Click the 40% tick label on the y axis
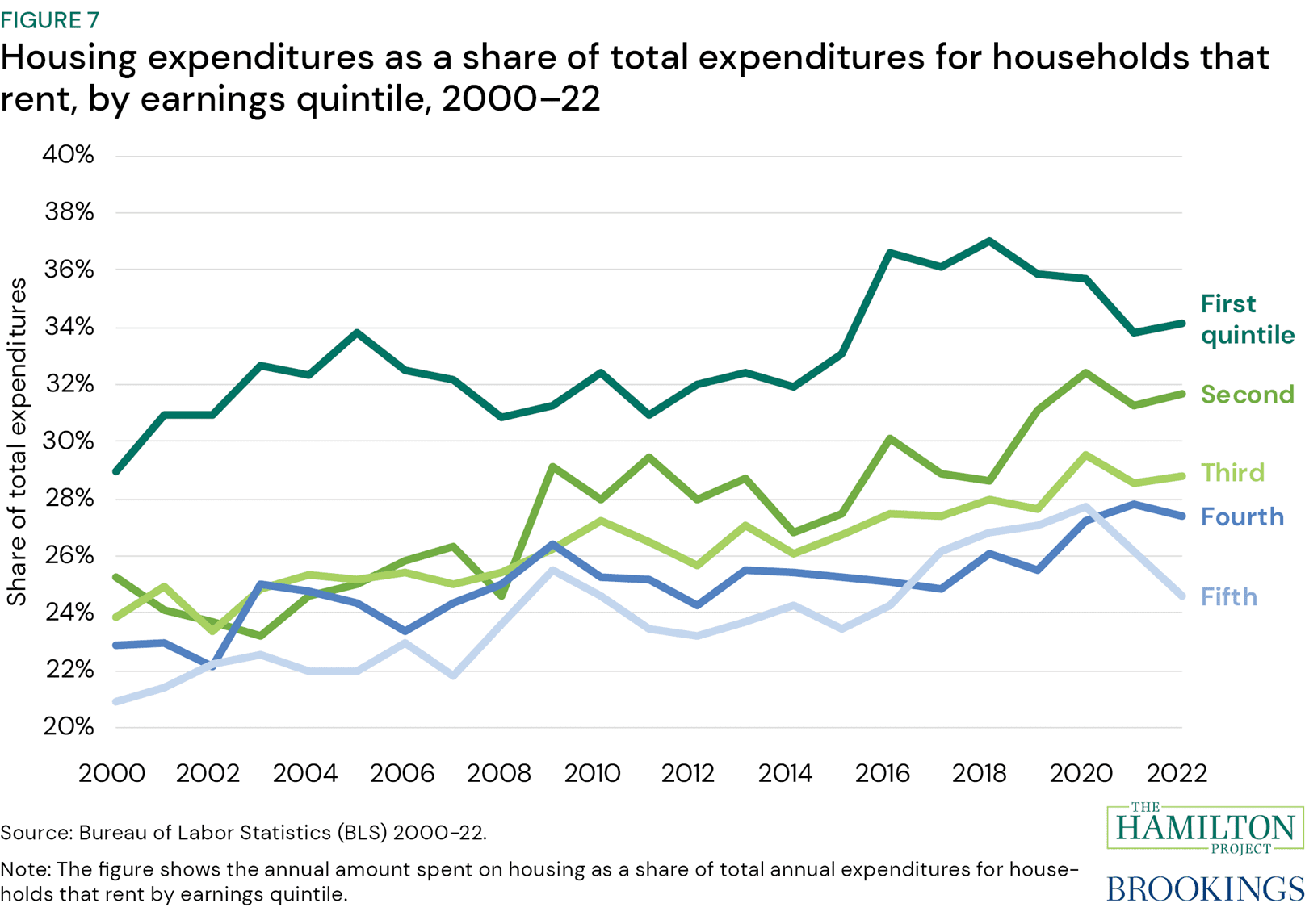pos(68,155)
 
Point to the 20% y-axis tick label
pos(68,727)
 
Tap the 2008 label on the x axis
pos(499,773)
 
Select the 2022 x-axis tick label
pos(1177,773)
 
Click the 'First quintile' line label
pos(1246,320)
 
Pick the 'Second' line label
pos(1247,395)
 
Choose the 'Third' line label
pos(1232,473)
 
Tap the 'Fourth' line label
pos(1242,517)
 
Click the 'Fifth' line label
pos(1228,597)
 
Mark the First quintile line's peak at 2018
pos(989,241)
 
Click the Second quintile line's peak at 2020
pos(1086,373)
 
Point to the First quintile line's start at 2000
pos(116,471)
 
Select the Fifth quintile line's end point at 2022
pos(1182,596)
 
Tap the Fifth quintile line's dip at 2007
pos(454,675)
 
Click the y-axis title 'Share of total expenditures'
pos(17,441)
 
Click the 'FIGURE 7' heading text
pos(50,19)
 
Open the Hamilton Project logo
pos(1204,827)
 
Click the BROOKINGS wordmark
pos(1204,888)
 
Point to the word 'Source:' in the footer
pos(36,833)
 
